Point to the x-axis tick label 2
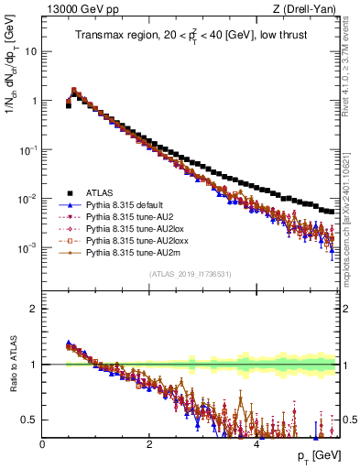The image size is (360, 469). point(149,443)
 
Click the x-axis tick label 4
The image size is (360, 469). point(256,443)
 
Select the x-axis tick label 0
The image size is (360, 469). point(43,443)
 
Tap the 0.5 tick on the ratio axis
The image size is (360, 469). point(29,420)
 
